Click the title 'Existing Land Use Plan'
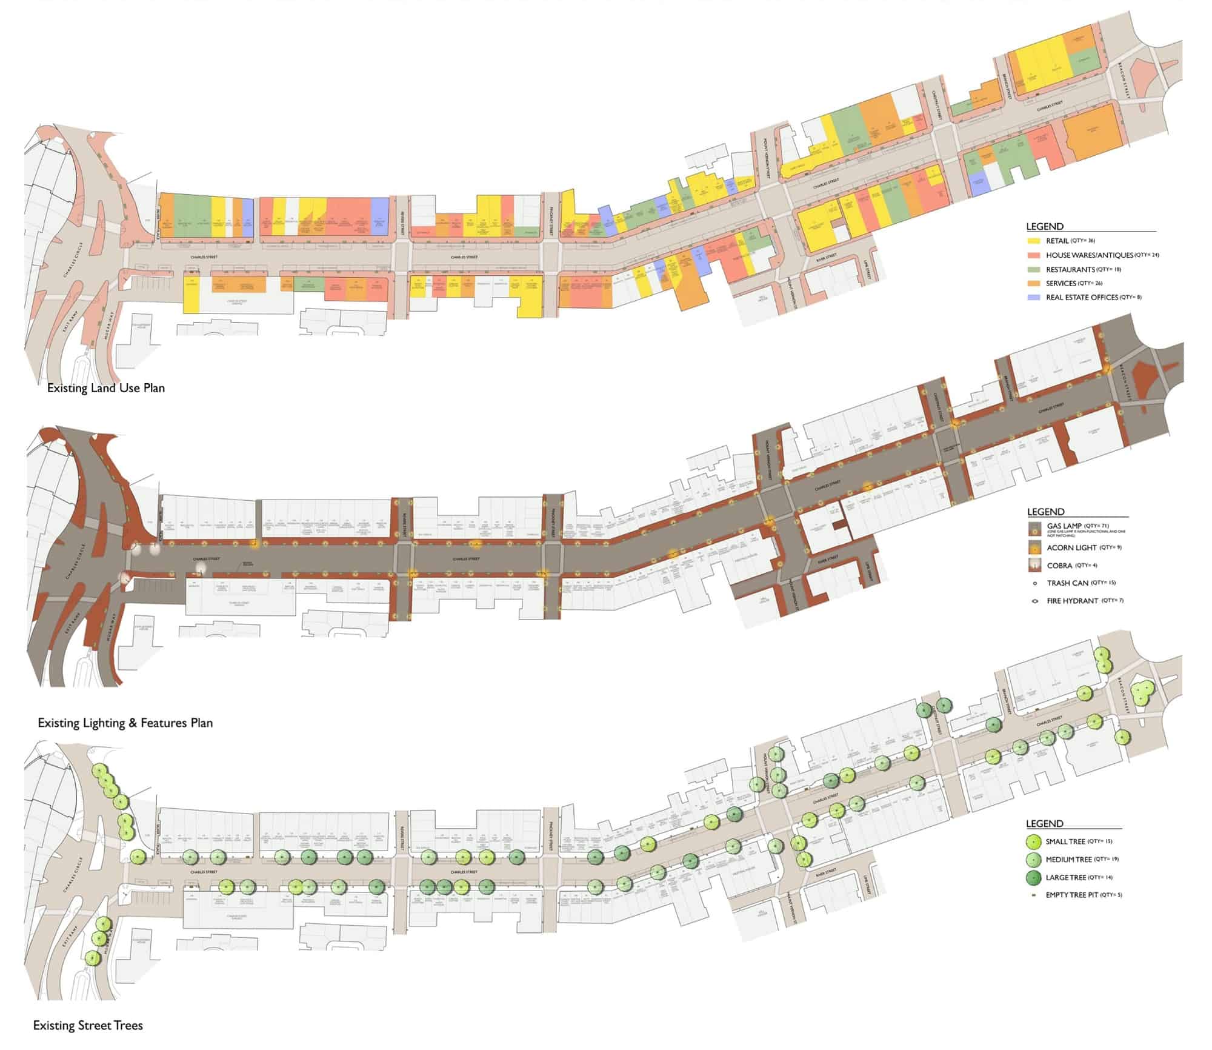click(x=106, y=388)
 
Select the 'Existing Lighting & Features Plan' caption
click(x=125, y=723)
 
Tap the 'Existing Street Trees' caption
click(x=88, y=1026)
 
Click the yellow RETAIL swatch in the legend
click(x=1034, y=241)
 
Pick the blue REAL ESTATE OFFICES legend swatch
click(x=1034, y=298)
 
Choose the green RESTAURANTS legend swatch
click(x=1034, y=269)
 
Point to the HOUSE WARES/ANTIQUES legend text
click(x=1089, y=255)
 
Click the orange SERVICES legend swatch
click(x=1034, y=284)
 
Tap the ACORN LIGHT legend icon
click(x=1034, y=548)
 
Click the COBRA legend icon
click(x=1034, y=566)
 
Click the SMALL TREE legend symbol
click(x=1034, y=842)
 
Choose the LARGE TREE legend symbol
click(x=1034, y=878)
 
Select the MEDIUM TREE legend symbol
click(x=1034, y=860)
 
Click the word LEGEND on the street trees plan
click(x=1044, y=824)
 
